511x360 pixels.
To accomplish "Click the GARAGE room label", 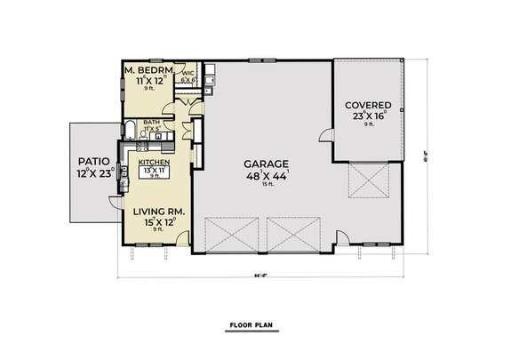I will pos(265,164).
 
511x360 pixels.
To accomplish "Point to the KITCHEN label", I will pos(153,163).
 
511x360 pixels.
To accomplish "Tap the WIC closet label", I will pos(188,74).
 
